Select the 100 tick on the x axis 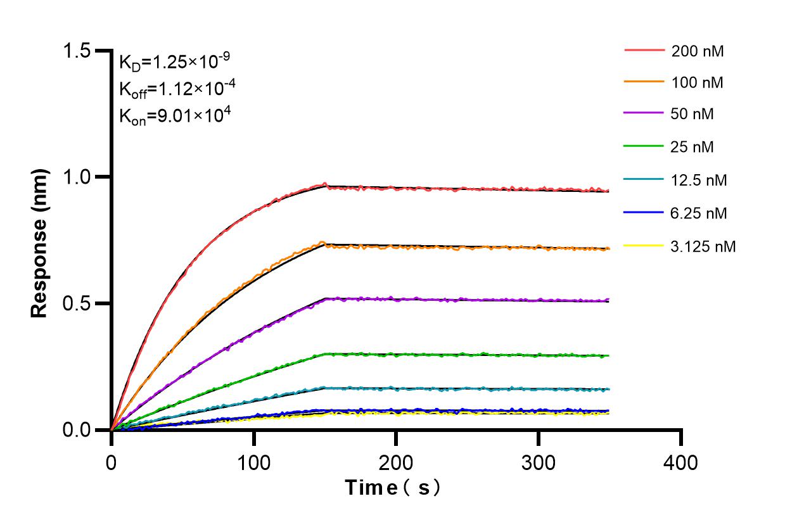(x=253, y=462)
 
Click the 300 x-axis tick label (x=538, y=462)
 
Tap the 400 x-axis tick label (x=681, y=462)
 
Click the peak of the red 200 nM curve (x=325, y=184)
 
